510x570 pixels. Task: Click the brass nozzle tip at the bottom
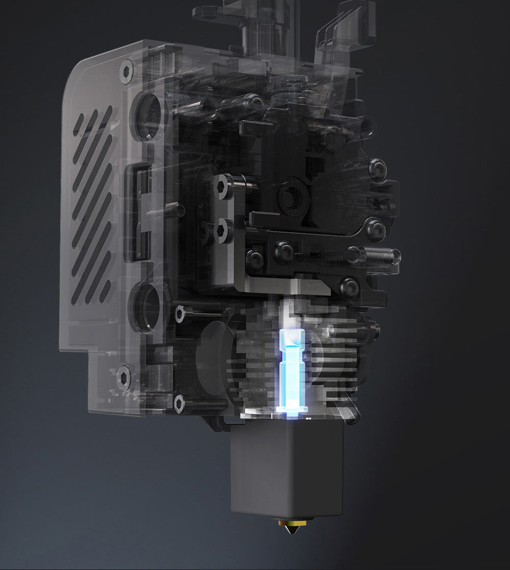point(289,527)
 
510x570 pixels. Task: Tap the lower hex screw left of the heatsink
point(180,403)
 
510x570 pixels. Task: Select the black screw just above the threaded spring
point(375,228)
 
